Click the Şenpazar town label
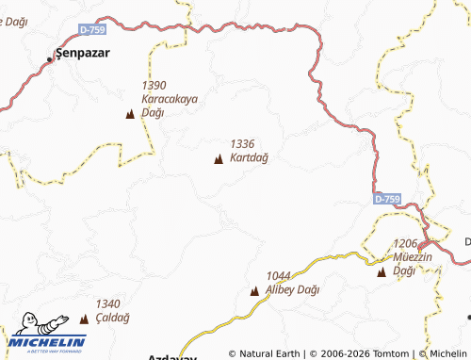click(84, 53)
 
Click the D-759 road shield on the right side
click(386, 200)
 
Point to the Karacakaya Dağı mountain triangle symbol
click(130, 114)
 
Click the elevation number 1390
click(153, 85)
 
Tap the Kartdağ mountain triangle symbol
click(219, 159)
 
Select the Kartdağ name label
click(249, 157)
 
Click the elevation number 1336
click(242, 143)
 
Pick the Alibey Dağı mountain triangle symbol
click(254, 291)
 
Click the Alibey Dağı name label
click(293, 289)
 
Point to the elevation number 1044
click(278, 276)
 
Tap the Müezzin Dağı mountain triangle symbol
click(382, 272)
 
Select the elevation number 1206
click(406, 243)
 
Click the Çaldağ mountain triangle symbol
click(84, 319)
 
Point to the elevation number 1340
click(108, 303)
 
